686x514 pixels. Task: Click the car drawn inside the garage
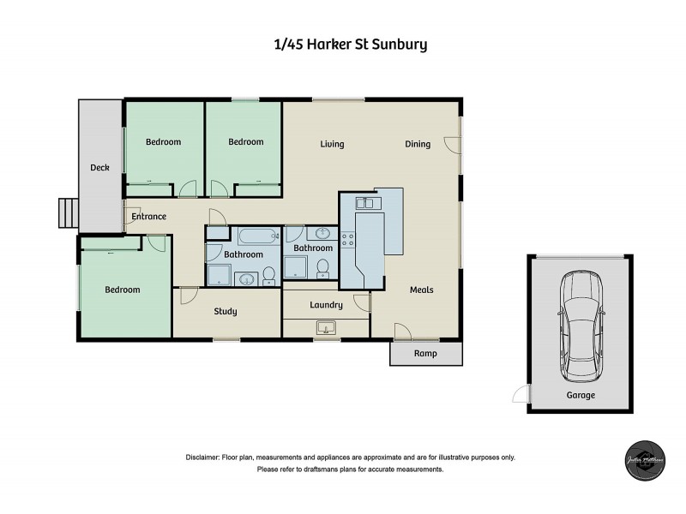click(580, 329)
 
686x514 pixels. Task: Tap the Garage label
click(580, 395)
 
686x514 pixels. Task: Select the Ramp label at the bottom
click(425, 353)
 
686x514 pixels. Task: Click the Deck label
click(99, 168)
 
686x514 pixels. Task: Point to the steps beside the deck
click(68, 212)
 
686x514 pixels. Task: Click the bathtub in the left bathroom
click(258, 236)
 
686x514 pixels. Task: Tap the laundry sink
click(325, 327)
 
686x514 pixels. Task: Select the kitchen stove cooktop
click(348, 241)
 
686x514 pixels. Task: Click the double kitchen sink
click(364, 203)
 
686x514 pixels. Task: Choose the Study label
click(226, 311)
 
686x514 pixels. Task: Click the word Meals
click(421, 290)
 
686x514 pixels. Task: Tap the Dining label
click(418, 144)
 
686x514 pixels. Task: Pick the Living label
click(332, 144)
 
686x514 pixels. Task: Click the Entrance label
click(148, 217)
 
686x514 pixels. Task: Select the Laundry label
click(326, 304)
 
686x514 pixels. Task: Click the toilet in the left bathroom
click(268, 274)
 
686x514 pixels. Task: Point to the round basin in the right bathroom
click(323, 233)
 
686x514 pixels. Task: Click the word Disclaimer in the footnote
click(203, 457)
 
